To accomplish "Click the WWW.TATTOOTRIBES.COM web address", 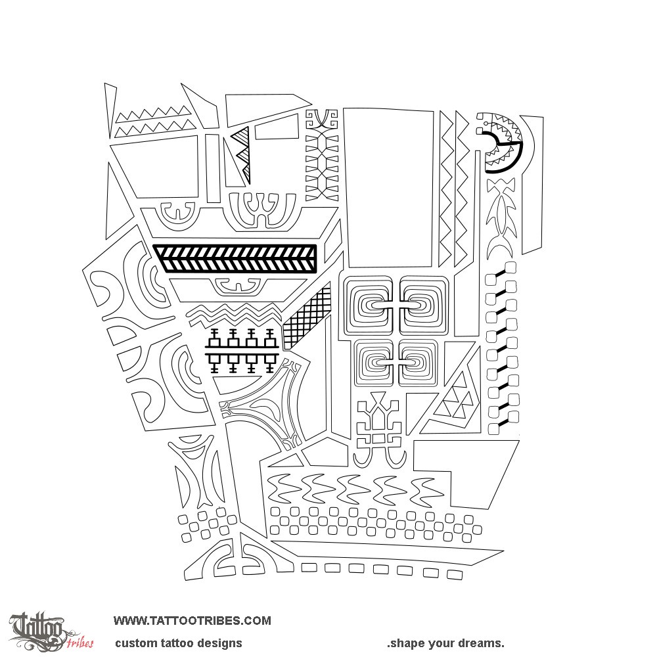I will click(x=192, y=620).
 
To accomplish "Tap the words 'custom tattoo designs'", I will click(x=179, y=643).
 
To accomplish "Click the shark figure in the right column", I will click(x=499, y=217).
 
